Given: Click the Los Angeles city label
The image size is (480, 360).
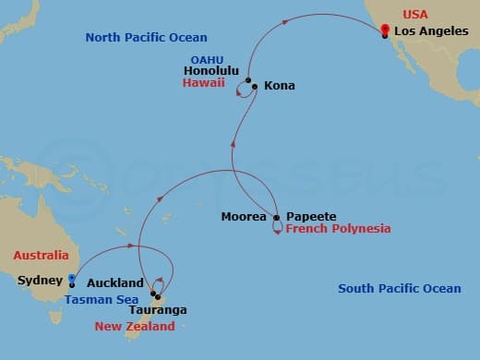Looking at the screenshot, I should [430, 30].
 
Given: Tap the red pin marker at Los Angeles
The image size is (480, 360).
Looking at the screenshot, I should [385, 30].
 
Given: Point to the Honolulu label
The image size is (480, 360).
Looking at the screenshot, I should [212, 70].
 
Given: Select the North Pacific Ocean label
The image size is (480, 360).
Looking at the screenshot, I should [146, 38].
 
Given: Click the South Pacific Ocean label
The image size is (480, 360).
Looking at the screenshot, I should [399, 289].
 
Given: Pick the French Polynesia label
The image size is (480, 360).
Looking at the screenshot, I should [338, 228].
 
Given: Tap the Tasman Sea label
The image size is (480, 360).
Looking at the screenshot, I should [101, 299].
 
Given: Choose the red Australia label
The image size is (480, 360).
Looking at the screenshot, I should [41, 255].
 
